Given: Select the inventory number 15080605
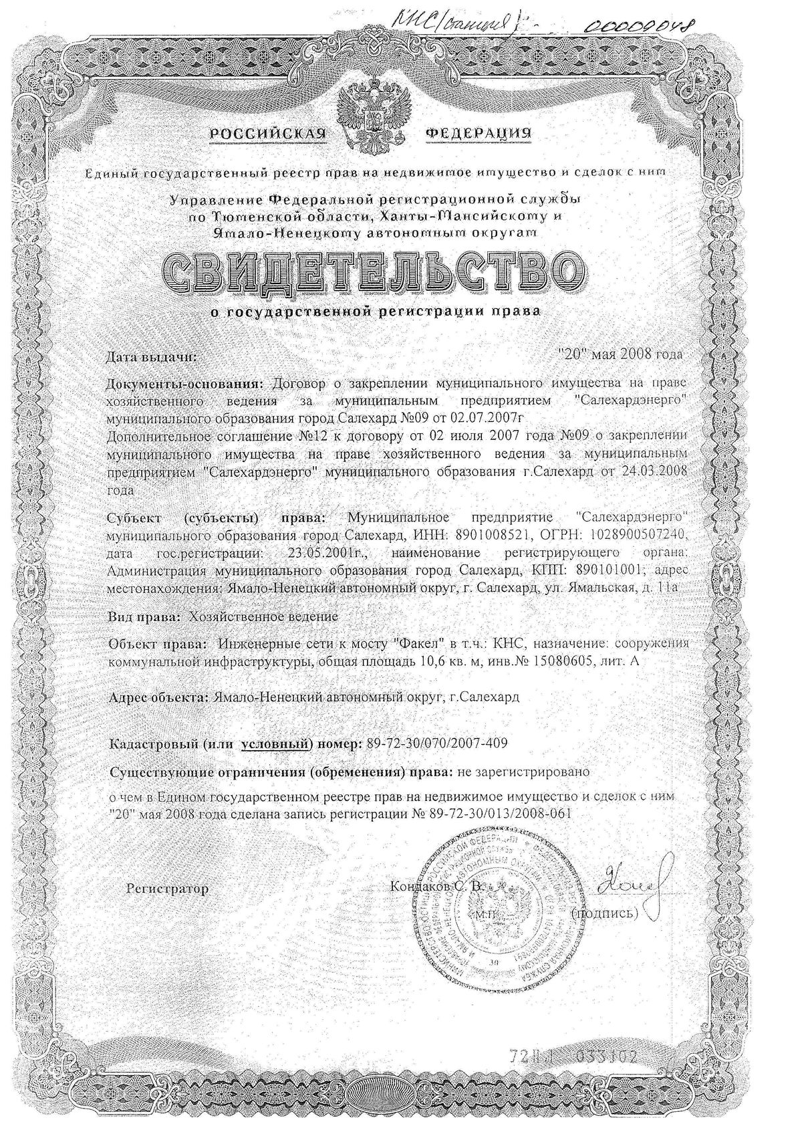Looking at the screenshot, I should point(588,661).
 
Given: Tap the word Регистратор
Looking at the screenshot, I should point(168,889).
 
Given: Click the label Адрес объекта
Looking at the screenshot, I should point(158,697).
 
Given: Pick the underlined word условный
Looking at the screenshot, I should point(276,744).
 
